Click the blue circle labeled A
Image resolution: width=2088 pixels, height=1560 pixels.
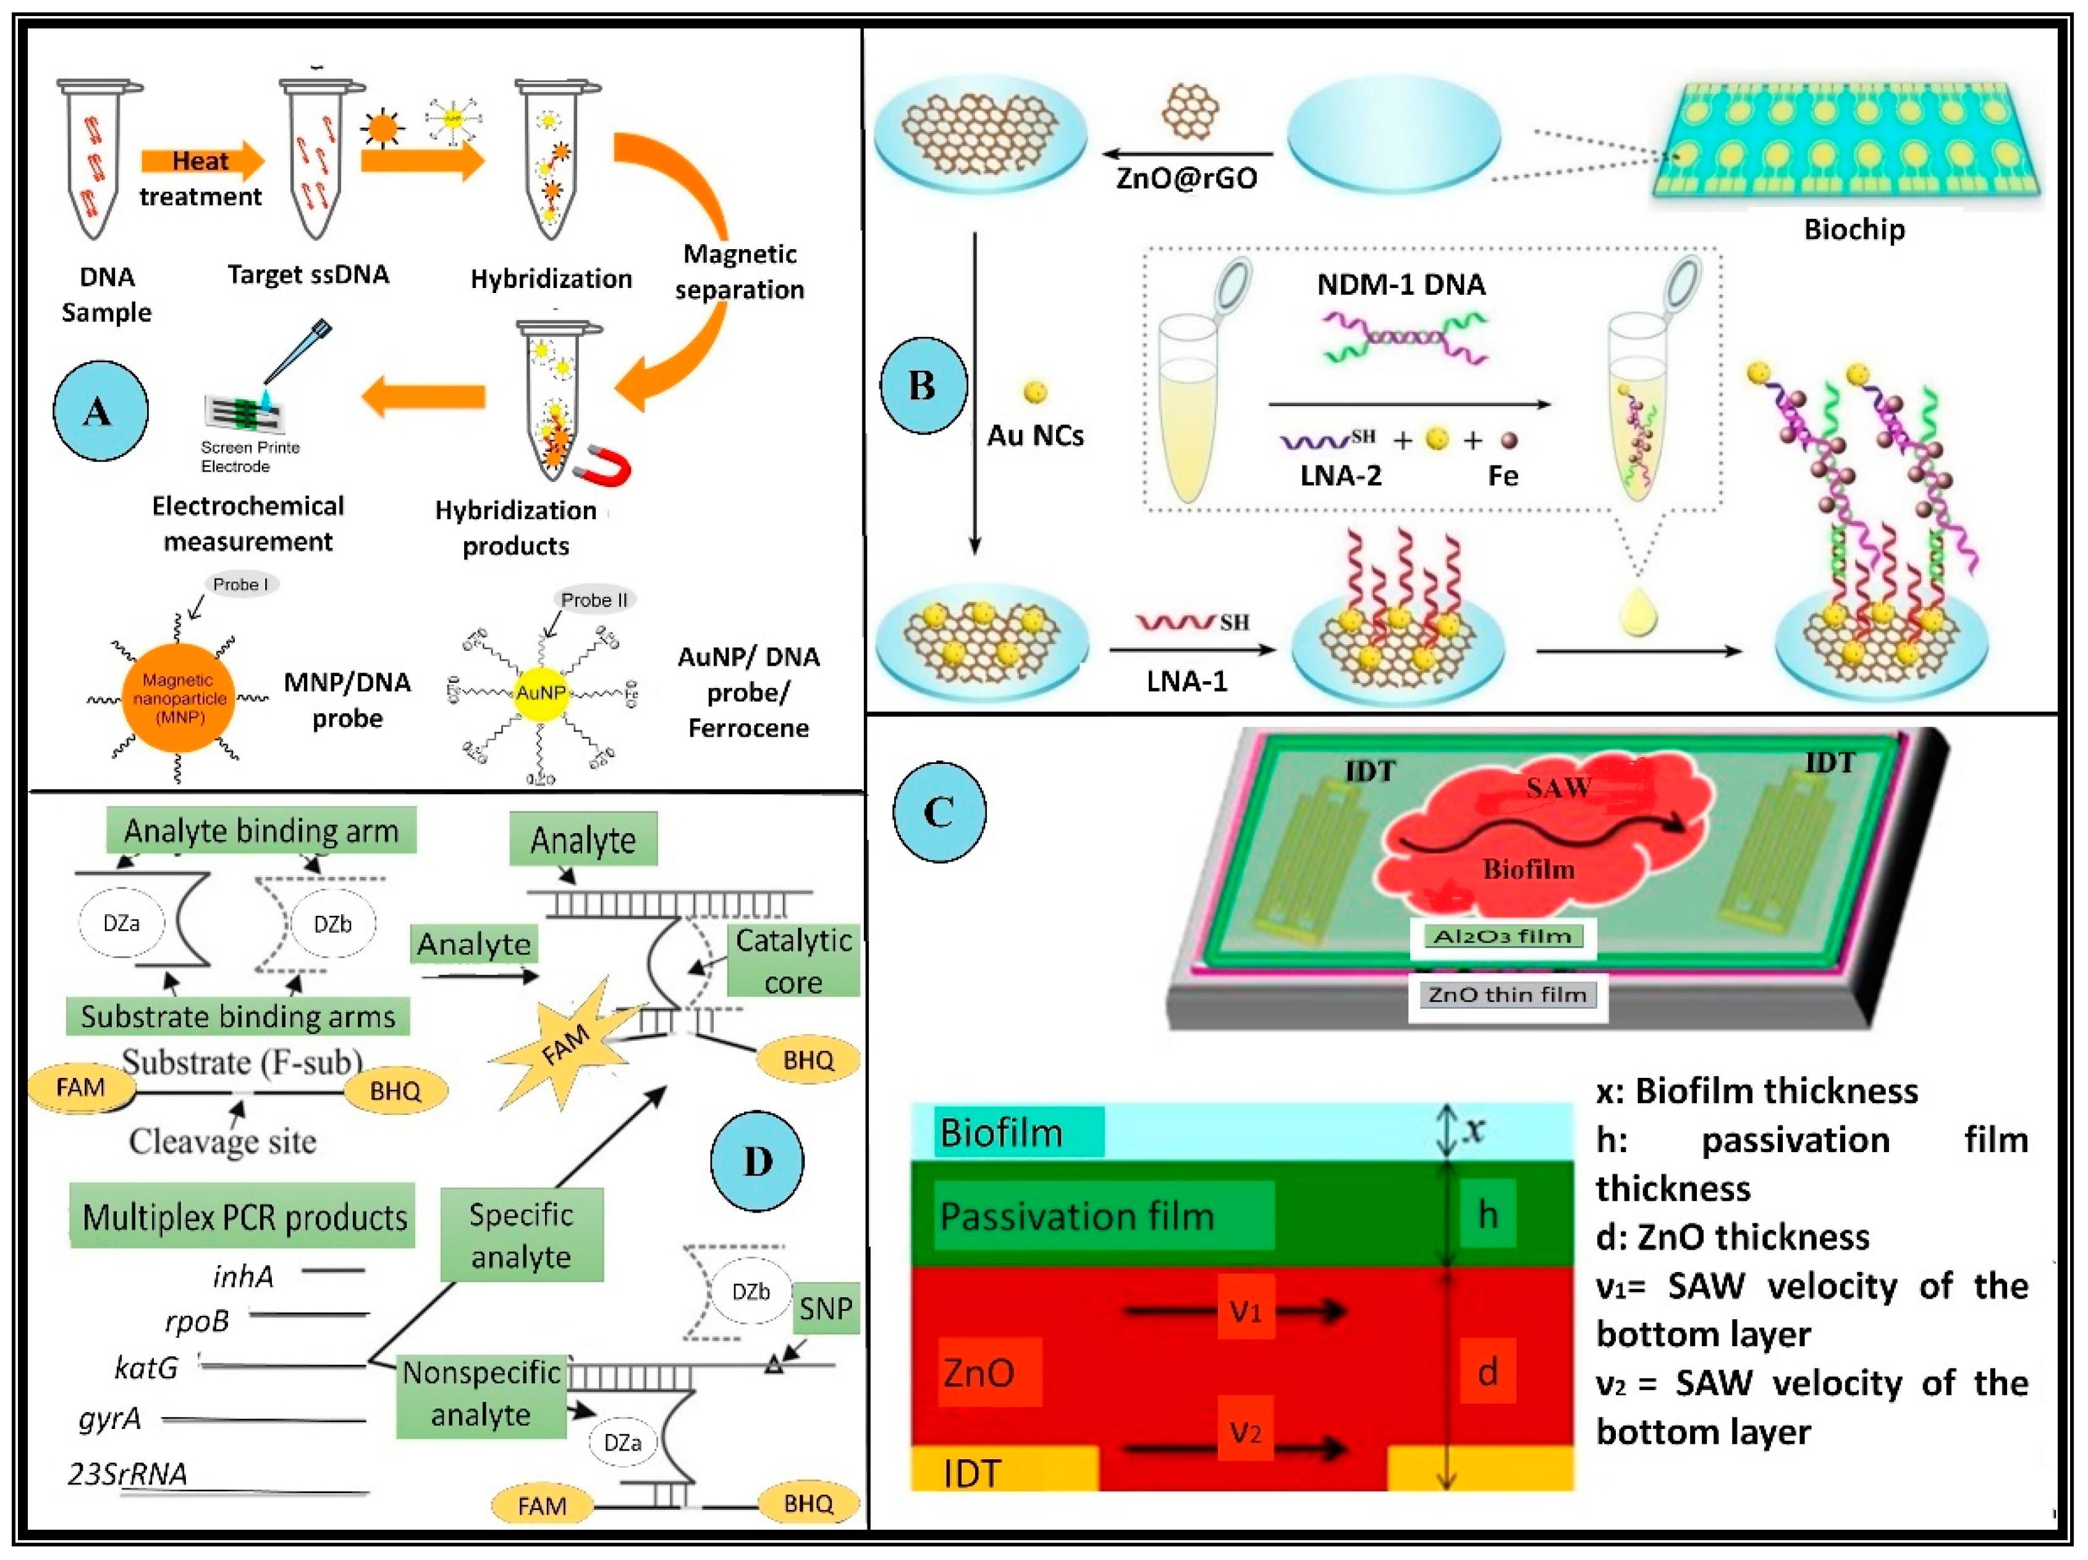(x=100, y=411)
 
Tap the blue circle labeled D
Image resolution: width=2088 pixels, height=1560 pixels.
(x=756, y=1161)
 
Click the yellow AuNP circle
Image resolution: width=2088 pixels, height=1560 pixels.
(x=540, y=692)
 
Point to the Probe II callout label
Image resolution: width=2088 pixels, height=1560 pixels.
(x=594, y=600)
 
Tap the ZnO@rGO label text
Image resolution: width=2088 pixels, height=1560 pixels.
(x=1186, y=179)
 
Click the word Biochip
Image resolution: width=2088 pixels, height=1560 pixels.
(x=1854, y=229)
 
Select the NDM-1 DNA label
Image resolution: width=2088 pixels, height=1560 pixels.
(x=1401, y=284)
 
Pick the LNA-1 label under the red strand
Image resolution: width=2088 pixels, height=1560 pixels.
(x=1186, y=681)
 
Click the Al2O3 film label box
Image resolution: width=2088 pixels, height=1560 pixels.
(x=1503, y=937)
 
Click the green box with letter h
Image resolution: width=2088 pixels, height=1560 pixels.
(x=1487, y=1215)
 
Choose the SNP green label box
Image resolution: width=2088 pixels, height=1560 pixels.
(x=825, y=1308)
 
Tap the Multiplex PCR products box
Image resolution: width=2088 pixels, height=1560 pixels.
(x=243, y=1216)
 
